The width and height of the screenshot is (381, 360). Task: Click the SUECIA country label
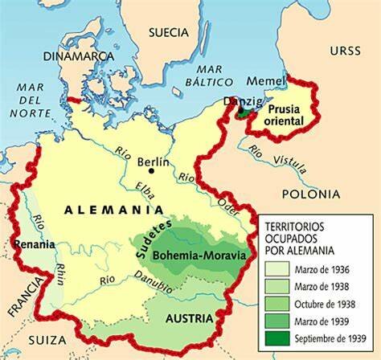pos(168,32)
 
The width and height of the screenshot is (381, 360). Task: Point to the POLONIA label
pos(309,194)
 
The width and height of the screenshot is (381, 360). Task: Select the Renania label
pos(29,244)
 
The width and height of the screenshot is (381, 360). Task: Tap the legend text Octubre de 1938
pos(325,305)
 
